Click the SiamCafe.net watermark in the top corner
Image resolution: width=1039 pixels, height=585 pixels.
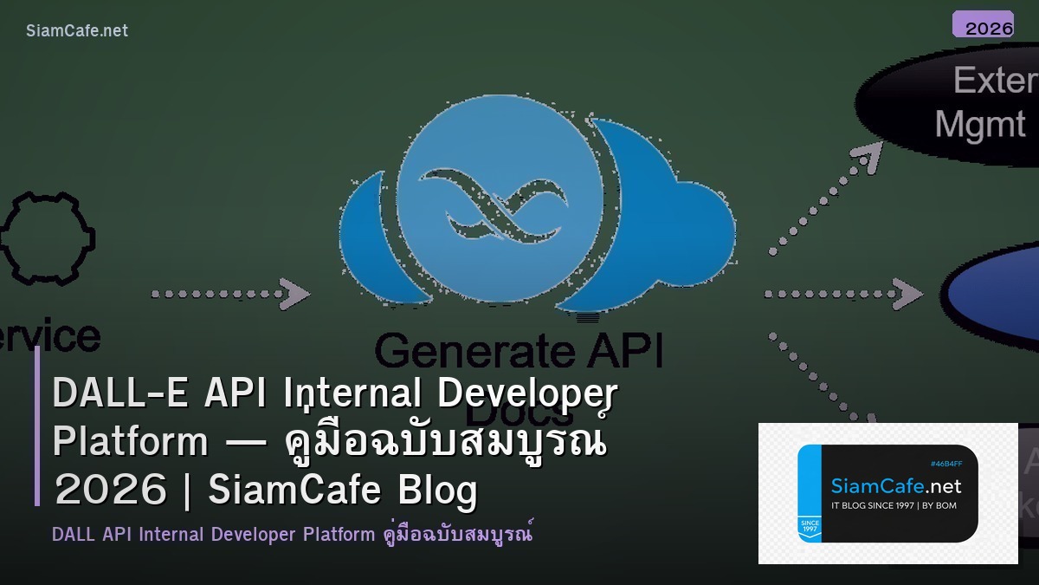click(x=77, y=30)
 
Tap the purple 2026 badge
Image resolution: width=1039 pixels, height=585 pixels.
click(x=983, y=25)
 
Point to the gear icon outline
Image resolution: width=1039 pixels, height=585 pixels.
click(x=47, y=238)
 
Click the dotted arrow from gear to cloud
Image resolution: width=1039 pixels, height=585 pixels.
click(x=230, y=294)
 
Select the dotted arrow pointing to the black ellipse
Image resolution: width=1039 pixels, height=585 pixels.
click(x=823, y=199)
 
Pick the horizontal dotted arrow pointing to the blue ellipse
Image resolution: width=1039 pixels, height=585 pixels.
click(x=843, y=294)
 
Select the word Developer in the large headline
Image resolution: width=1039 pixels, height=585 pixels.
click(x=527, y=393)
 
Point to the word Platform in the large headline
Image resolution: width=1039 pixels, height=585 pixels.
click(x=130, y=441)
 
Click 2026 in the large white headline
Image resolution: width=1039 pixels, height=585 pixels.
click(x=109, y=491)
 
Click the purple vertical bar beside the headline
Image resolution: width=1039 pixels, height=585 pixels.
click(x=37, y=425)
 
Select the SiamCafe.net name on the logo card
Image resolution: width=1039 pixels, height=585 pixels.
click(x=895, y=486)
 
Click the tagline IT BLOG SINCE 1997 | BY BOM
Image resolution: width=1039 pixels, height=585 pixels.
click(x=894, y=505)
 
